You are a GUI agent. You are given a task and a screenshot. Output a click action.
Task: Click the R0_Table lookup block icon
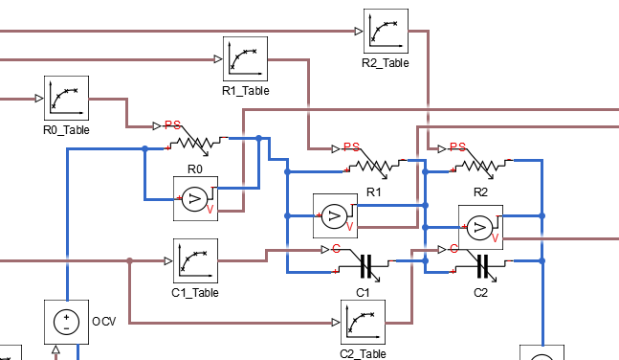click(x=66, y=98)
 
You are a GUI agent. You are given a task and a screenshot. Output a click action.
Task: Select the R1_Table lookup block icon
click(x=245, y=59)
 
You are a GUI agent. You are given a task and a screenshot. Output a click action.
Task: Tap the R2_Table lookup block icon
click(x=386, y=32)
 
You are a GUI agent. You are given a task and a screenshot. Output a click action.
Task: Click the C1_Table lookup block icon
click(x=195, y=260)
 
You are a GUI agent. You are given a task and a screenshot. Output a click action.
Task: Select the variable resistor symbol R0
click(x=195, y=144)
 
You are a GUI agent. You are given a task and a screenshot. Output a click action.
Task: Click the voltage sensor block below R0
click(x=195, y=199)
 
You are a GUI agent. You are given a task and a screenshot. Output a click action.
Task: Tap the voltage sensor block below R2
click(x=480, y=227)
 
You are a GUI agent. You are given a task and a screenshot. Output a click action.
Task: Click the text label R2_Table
click(x=386, y=63)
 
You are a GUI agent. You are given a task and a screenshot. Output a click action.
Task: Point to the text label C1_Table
click(x=195, y=292)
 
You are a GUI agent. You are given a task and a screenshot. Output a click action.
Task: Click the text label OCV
click(x=103, y=321)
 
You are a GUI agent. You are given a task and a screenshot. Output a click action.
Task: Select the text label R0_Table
click(x=66, y=129)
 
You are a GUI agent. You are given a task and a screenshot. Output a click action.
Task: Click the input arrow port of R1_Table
click(x=218, y=59)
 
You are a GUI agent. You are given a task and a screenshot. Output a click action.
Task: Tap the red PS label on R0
click(x=172, y=125)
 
